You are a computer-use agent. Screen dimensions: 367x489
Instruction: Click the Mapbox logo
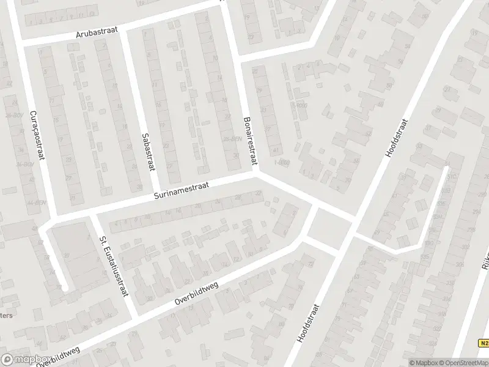(x=26, y=360)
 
